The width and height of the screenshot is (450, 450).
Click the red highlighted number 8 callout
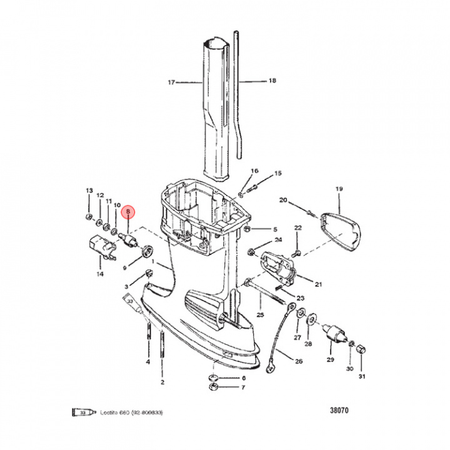[128, 212]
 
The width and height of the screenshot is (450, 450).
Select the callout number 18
[272, 81]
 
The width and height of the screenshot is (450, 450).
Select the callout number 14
[100, 274]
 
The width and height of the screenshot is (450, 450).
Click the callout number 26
[298, 362]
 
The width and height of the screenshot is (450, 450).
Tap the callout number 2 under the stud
[162, 381]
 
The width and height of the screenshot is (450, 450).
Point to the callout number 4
[148, 362]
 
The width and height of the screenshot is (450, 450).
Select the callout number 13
[88, 191]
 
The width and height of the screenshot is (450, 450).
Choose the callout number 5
[274, 229]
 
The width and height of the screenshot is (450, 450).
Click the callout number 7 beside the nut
[244, 387]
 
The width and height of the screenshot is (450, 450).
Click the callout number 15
[278, 173]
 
